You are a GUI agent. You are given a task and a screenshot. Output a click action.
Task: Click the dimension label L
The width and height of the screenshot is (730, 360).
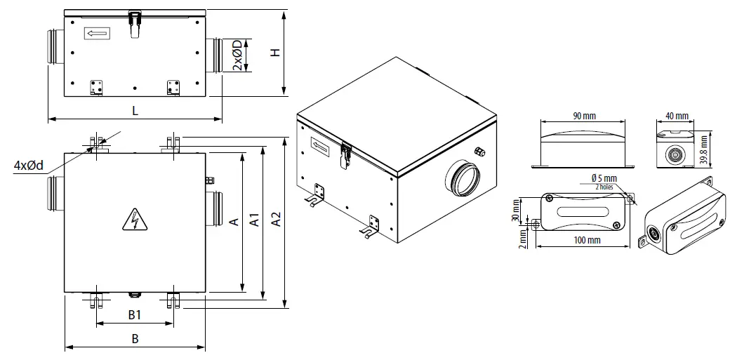click(135, 111)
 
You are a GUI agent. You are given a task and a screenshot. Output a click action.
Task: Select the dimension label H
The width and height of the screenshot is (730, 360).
click(276, 53)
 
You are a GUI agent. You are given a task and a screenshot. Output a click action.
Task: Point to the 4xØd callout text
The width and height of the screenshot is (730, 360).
click(29, 166)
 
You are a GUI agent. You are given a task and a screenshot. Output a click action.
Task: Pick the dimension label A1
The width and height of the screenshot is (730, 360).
click(255, 222)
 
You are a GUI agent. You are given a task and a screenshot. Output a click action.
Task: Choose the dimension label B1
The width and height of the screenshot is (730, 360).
click(135, 314)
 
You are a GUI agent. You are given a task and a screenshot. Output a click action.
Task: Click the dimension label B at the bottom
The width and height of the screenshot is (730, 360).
click(135, 338)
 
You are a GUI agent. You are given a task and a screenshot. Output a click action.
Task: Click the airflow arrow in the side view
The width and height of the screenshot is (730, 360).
click(96, 32)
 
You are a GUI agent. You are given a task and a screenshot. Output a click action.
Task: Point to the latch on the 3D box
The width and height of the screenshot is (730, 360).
click(345, 156)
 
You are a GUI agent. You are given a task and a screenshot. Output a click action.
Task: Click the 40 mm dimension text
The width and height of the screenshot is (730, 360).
click(677, 115)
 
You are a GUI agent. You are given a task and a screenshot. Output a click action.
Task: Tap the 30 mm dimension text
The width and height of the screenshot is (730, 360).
click(515, 208)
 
